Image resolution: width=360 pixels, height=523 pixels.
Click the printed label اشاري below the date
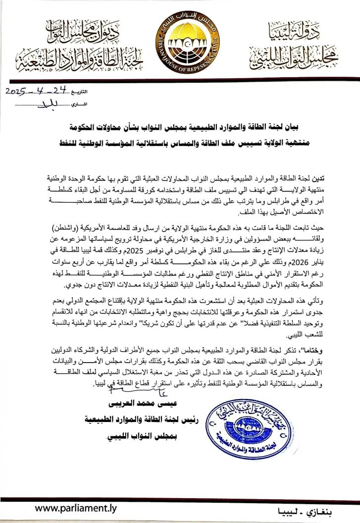77,104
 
